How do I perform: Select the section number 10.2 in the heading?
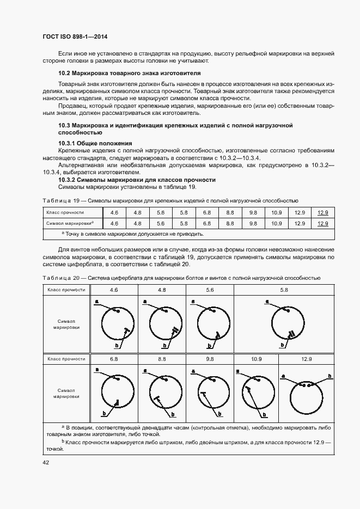(64, 72)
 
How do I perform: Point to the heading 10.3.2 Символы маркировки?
(137, 180)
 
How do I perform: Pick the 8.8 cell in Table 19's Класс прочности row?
(230, 212)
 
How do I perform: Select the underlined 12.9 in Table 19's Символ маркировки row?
(322, 223)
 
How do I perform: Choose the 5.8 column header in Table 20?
(284, 290)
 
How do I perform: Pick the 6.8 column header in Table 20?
(114, 359)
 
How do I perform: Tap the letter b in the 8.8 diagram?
(173, 414)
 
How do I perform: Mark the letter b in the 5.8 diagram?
(282, 345)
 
